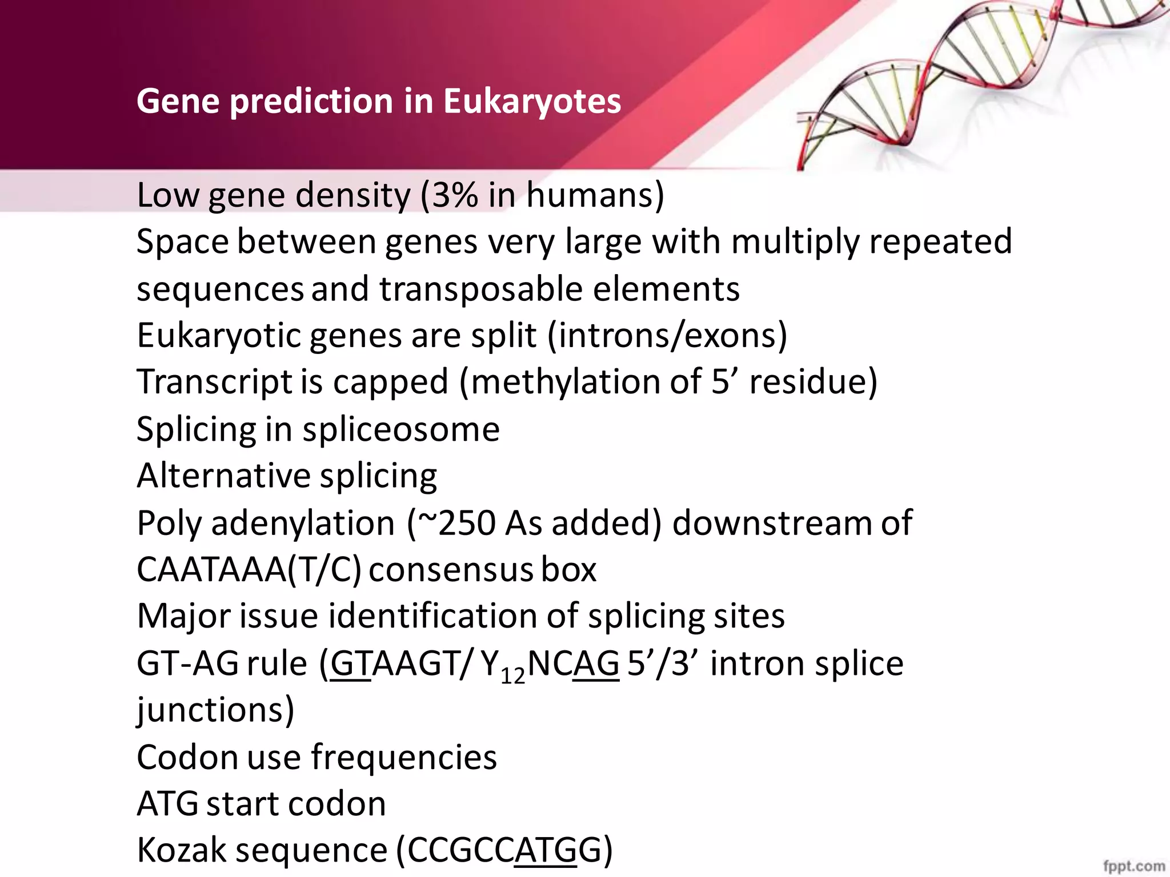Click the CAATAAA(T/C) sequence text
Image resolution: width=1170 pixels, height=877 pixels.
(249, 570)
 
